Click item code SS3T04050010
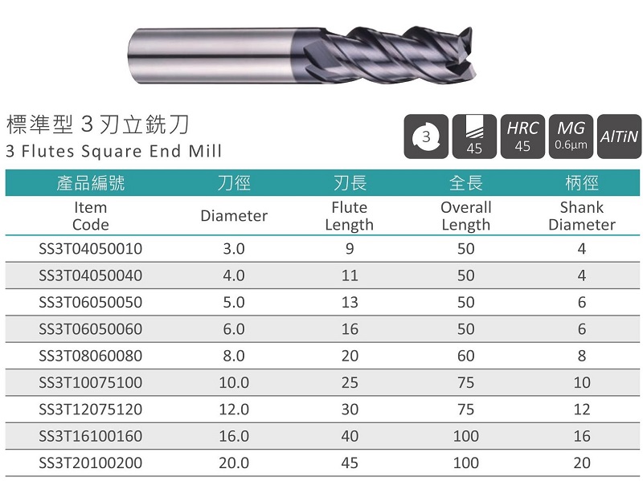click(x=90, y=249)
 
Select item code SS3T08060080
click(x=90, y=356)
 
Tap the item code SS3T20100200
click(x=90, y=463)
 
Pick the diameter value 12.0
click(x=234, y=410)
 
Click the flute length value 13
click(x=350, y=303)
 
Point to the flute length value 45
click(x=350, y=463)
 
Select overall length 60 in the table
click(x=466, y=356)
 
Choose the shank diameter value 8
click(x=581, y=356)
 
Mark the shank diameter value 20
click(x=581, y=463)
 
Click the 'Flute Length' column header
click(x=350, y=216)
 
